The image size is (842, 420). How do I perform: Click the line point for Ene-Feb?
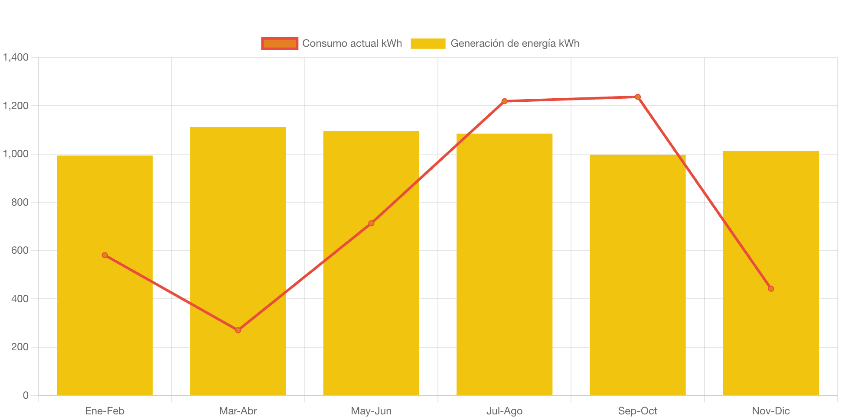coord(105,255)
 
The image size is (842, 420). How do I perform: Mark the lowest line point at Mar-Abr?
coord(238,330)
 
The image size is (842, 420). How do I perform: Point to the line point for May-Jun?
coord(371,223)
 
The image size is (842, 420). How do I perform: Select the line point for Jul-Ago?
coord(504,101)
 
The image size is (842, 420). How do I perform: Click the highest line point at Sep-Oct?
coord(638,97)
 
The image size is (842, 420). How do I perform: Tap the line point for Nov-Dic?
coord(771,289)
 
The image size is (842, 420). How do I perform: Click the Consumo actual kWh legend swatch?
coord(280,43)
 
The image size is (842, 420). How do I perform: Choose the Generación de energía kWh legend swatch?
coord(428,43)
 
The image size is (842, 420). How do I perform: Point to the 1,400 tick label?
coord(16,57)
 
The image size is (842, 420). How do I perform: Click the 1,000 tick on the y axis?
coord(16,154)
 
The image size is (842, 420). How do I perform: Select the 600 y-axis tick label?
coord(20,250)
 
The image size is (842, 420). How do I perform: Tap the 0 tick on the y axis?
coord(26,395)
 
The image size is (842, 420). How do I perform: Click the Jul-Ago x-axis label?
coord(504,411)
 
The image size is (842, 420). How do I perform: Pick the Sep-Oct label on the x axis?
coord(637,411)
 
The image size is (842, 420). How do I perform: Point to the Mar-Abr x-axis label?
coord(238,411)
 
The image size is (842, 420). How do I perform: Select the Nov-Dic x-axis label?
coord(771,411)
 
